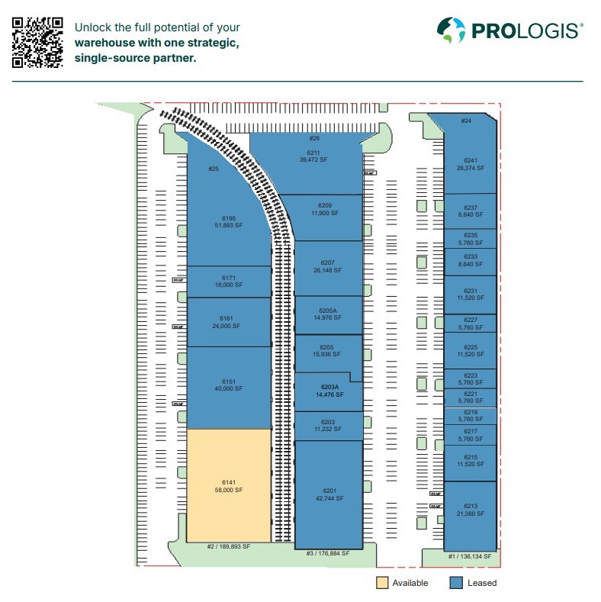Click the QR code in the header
37,41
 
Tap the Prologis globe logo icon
451,31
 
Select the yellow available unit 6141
230,486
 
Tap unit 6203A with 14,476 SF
329,391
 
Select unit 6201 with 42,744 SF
329,494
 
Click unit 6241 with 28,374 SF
470,164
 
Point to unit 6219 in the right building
471,416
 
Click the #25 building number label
214,169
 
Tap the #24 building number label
466,121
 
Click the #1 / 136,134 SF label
470,557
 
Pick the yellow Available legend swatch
382,583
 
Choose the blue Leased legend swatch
456,583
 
